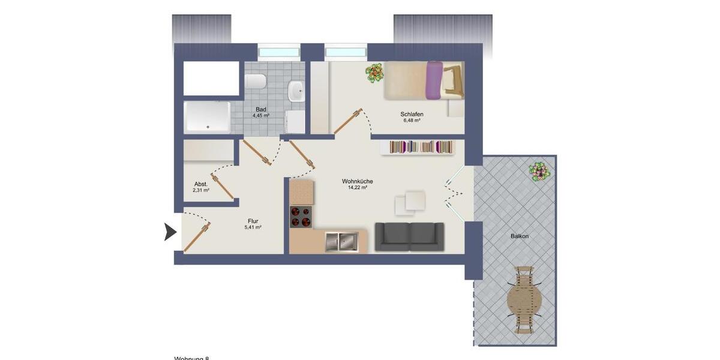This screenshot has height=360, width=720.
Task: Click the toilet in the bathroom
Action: pos(256,82)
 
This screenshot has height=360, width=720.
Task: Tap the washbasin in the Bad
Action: pos(296,91)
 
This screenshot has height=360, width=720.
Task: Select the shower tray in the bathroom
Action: pos(207,117)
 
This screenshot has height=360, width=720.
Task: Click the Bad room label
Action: pos(260,109)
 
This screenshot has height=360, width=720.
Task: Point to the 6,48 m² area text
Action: pos(412,121)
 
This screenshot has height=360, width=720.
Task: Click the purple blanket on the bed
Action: pos(434,80)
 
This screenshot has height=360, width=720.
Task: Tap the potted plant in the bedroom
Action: pos(375,73)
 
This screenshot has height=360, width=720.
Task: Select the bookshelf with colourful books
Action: pos(421,147)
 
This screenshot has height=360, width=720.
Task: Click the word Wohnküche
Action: pos(358,181)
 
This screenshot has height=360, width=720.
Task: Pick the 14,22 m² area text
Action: pos(358,188)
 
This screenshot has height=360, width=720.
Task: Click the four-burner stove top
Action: pos(301,217)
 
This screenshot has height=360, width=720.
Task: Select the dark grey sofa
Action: pos(409,236)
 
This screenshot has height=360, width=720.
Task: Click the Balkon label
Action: pos(520,236)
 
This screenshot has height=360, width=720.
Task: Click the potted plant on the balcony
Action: pos(540,172)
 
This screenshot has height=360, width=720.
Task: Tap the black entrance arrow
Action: pos(170,232)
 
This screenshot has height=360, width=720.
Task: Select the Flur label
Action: pos(253,221)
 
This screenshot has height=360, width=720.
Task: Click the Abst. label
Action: pos(201,184)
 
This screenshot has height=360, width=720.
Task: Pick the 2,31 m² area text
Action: pos(201,190)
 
